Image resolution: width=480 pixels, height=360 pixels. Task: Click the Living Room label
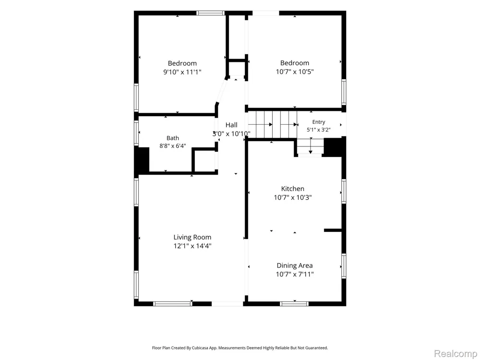pyautogui.click(x=192, y=237)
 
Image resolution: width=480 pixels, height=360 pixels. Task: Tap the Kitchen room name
pyautogui.click(x=293, y=189)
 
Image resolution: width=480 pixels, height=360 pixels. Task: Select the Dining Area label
pyautogui.click(x=295, y=266)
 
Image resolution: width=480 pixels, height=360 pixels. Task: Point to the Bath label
pyautogui.click(x=173, y=138)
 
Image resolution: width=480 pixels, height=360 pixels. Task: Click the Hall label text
pyautogui.click(x=231, y=125)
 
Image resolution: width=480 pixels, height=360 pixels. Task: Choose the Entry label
pyautogui.click(x=318, y=122)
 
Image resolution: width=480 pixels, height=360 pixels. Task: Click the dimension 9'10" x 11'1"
pyautogui.click(x=182, y=72)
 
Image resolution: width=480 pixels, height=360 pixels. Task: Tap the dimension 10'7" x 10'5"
pyautogui.click(x=295, y=72)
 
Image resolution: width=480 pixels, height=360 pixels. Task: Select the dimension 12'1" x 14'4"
pyautogui.click(x=192, y=246)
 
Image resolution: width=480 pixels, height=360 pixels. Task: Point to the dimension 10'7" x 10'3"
pyautogui.click(x=293, y=197)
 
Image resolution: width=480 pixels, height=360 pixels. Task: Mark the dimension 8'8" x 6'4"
pyautogui.click(x=173, y=146)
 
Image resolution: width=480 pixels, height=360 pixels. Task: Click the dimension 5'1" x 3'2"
pyautogui.click(x=318, y=130)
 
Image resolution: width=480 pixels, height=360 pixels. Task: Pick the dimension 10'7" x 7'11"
pyautogui.click(x=295, y=274)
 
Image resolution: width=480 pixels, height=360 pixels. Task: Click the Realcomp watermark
pyautogui.click(x=455, y=354)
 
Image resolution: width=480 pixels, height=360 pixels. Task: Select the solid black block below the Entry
pyautogui.click(x=334, y=147)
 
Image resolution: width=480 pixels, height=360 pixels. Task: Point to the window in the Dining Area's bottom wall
pyautogui.click(x=294, y=304)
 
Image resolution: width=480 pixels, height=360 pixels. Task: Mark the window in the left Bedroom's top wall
pyautogui.click(x=210, y=13)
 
